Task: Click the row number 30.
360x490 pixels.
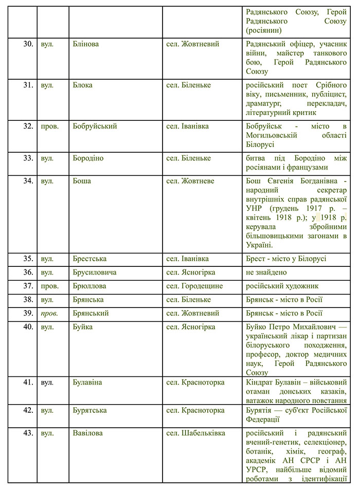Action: coord(27,44)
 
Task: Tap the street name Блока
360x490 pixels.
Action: coord(82,85)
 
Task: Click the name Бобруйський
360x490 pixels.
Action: coord(95,126)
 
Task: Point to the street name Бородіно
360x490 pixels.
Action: coord(88,158)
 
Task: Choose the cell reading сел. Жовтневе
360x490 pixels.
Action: coord(190,181)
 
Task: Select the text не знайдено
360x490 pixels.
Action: coord(266,272)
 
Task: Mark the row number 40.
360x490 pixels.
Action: coord(27,326)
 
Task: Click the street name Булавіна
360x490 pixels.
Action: coord(87,383)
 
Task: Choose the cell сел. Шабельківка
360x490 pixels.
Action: coord(195,433)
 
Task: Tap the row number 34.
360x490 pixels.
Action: coord(27,181)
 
